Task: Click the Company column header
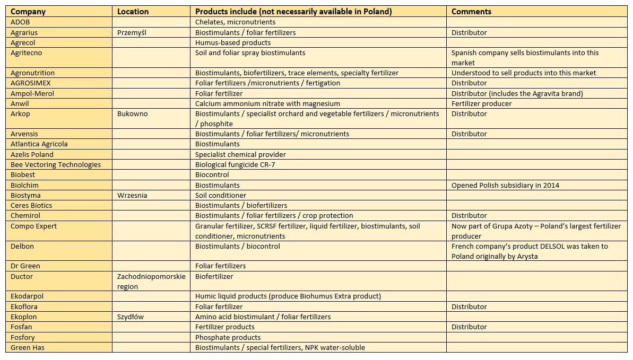(x=28, y=12)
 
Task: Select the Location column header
(x=133, y=12)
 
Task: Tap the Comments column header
(x=471, y=12)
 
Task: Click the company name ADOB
(x=21, y=22)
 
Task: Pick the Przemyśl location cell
(x=132, y=32)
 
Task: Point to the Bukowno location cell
(x=131, y=113)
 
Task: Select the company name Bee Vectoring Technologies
(x=56, y=164)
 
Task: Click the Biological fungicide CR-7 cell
(x=235, y=164)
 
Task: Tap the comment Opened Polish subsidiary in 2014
(x=505, y=185)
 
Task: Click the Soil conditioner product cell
(x=221, y=195)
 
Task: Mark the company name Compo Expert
(x=33, y=226)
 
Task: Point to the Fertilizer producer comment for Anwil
(x=481, y=103)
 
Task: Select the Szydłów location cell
(x=131, y=317)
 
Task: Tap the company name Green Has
(x=28, y=347)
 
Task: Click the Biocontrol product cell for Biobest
(x=212, y=174)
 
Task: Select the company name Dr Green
(x=25, y=266)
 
